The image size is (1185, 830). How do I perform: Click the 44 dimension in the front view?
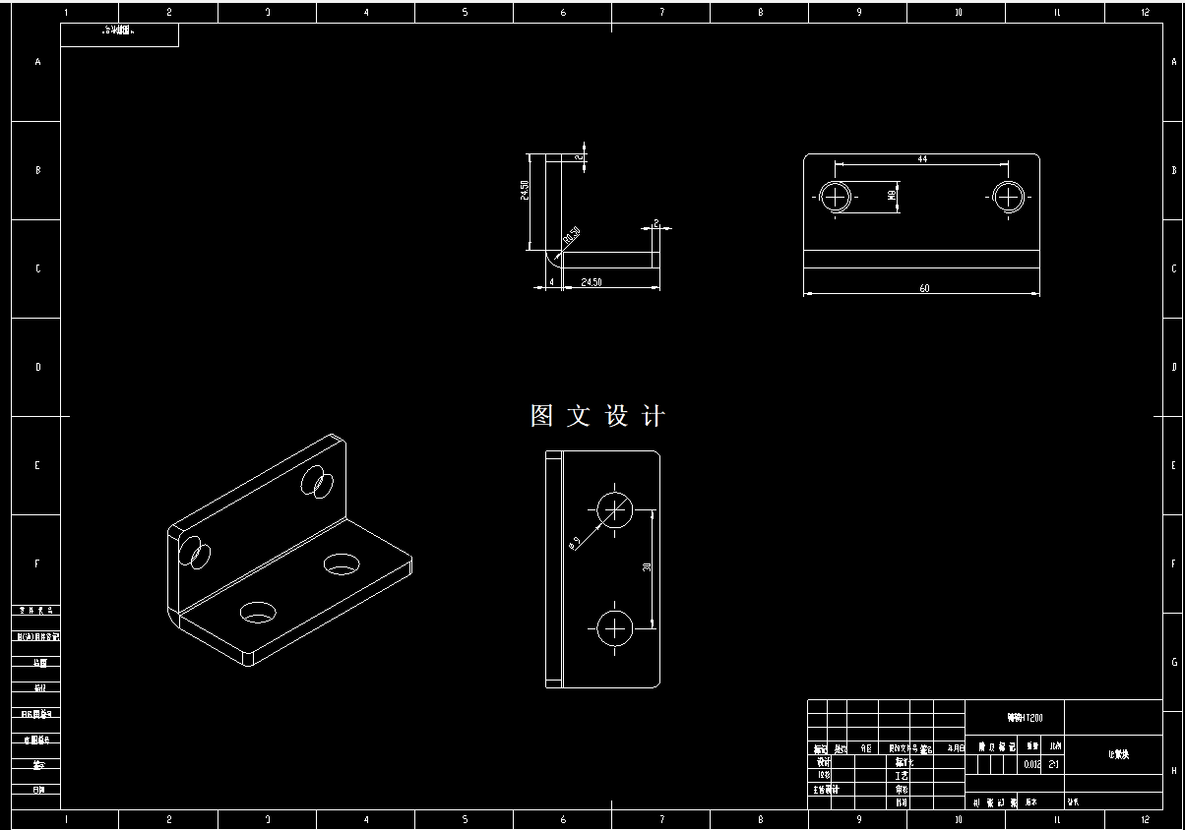(922, 158)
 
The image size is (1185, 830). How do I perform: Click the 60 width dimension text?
(924, 288)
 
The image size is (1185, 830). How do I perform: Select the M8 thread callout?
(892, 197)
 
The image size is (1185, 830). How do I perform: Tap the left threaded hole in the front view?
(837, 197)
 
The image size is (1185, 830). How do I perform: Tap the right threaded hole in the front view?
(1007, 197)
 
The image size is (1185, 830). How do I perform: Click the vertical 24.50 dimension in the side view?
(526, 190)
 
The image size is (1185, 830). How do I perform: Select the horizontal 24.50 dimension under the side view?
(592, 282)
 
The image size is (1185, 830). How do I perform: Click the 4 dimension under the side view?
(552, 282)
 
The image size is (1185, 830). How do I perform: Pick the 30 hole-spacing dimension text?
(647, 566)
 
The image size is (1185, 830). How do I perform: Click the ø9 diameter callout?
(576, 541)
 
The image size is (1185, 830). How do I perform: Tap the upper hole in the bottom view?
(615, 509)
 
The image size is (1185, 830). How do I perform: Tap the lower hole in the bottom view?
(615, 626)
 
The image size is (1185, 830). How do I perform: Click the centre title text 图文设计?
(597, 416)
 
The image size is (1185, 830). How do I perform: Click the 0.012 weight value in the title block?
(1031, 764)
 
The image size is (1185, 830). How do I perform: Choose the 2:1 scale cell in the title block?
(1054, 764)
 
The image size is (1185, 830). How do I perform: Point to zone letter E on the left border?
(38, 465)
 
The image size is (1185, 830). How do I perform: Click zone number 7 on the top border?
(661, 13)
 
